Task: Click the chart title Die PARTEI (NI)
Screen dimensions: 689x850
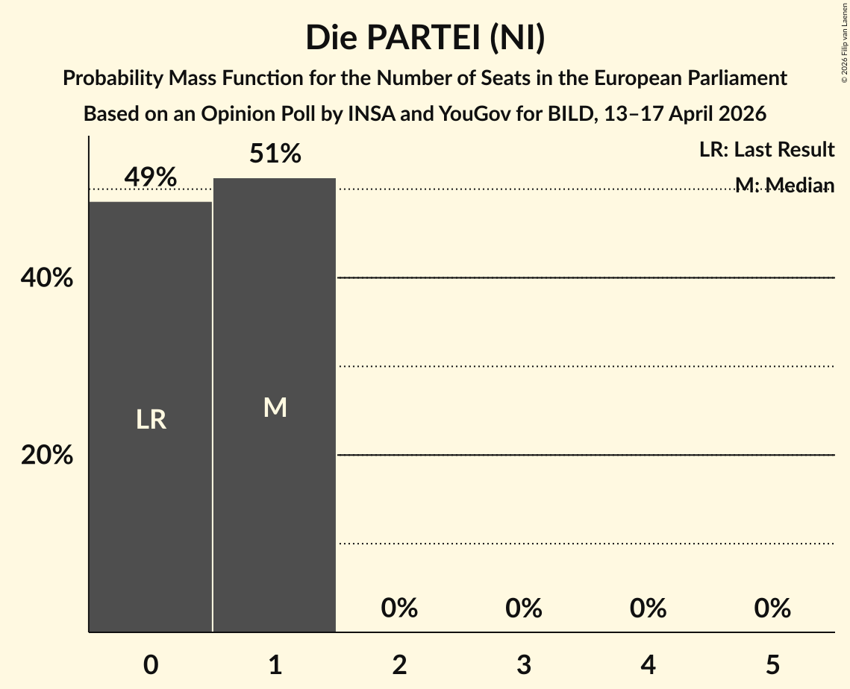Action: click(x=425, y=38)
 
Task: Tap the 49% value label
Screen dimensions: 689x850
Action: click(x=151, y=177)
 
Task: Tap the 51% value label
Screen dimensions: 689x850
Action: click(x=275, y=154)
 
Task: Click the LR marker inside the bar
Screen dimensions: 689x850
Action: click(x=151, y=420)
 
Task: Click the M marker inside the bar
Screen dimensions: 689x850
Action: click(x=275, y=407)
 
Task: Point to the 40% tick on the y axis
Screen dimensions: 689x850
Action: click(x=47, y=278)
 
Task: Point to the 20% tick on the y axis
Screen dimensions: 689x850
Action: click(x=47, y=455)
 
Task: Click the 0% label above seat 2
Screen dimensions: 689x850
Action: click(x=399, y=608)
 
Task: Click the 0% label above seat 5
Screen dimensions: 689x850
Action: click(x=772, y=608)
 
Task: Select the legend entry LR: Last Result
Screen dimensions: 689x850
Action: click(x=766, y=150)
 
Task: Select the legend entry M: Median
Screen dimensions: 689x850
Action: click(x=784, y=185)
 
